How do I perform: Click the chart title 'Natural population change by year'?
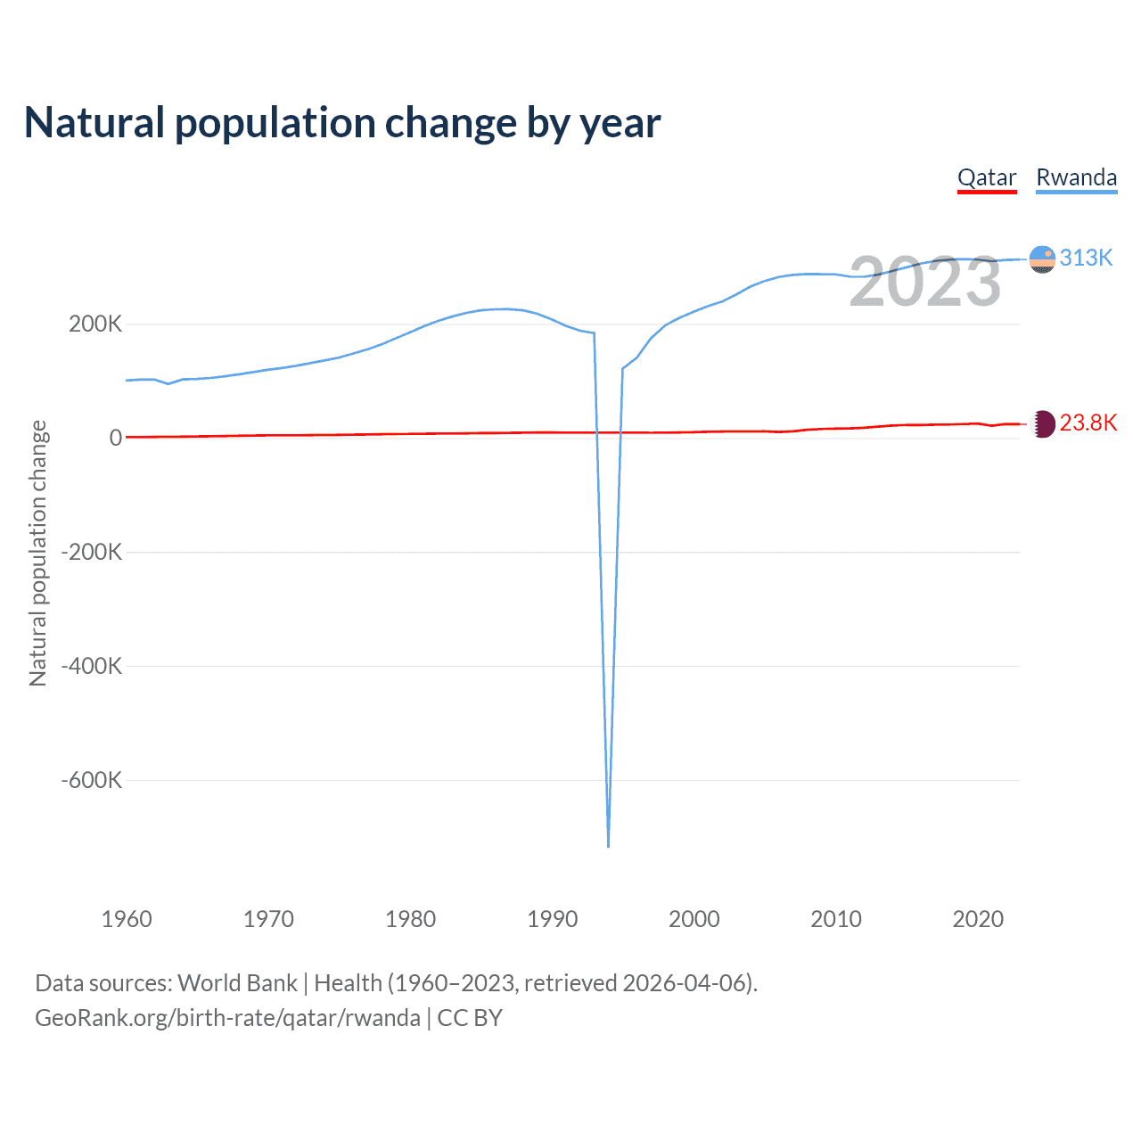coord(342,123)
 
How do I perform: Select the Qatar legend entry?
coord(987,177)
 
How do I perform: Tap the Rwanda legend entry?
coord(1076,177)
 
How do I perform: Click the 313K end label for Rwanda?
coord(1086,258)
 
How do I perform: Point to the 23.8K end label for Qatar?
coord(1088,423)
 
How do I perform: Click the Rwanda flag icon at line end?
coord(1042,259)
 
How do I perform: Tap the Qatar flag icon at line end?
coord(1042,423)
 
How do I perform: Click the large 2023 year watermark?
coord(925,282)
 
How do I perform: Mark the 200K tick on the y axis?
coord(95,324)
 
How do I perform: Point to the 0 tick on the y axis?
coord(115,438)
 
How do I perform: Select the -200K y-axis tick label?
coord(92,552)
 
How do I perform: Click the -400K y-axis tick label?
coord(92,666)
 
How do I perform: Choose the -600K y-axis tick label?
coord(92,780)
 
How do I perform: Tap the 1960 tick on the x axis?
coord(127,919)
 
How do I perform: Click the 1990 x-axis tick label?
coord(553,919)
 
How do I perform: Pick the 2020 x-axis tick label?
coord(978,919)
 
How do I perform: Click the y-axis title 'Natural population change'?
coord(37,553)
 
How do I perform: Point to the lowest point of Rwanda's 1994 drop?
coord(608,846)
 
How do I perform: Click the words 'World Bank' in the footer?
coord(237,983)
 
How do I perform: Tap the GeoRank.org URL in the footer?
coord(227,1018)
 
